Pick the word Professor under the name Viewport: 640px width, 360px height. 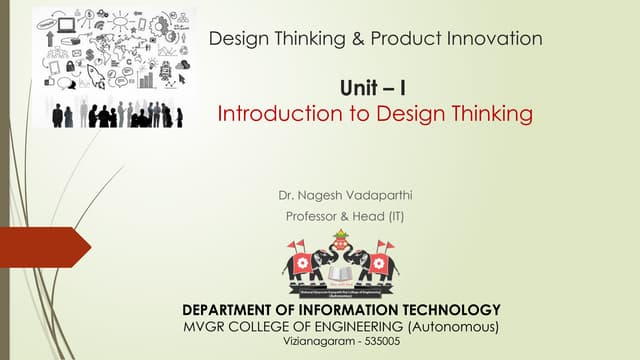pyautogui.click(x=314, y=215)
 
